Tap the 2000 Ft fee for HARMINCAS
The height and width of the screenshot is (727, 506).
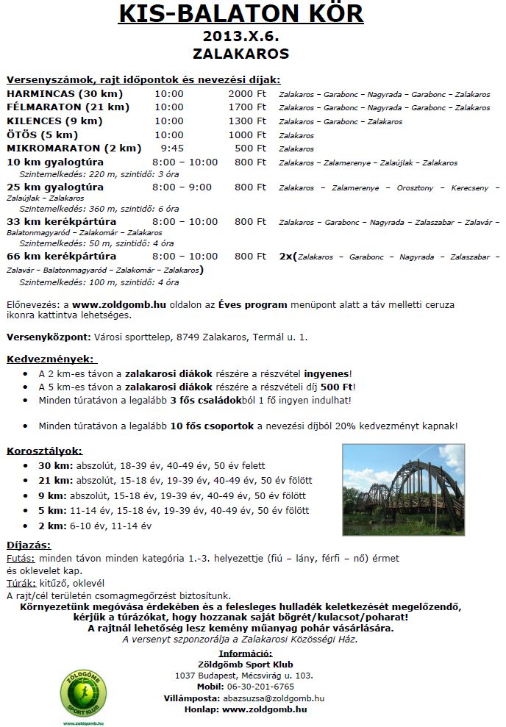(x=246, y=95)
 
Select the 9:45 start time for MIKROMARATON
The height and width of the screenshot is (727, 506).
(x=171, y=148)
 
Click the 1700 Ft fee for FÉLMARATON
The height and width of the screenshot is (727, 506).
(x=246, y=108)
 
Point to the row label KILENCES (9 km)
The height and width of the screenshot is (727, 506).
(x=54, y=121)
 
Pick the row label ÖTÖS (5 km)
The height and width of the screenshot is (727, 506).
(x=43, y=135)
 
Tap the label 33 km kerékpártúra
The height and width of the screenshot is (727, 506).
(x=61, y=221)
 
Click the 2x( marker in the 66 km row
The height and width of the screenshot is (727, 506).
(x=288, y=257)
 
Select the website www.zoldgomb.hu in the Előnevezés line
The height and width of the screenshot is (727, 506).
(x=118, y=304)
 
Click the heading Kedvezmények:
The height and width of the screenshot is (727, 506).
(x=50, y=359)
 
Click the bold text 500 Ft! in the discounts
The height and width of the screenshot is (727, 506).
(x=338, y=387)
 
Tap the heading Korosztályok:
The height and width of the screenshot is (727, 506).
(x=45, y=451)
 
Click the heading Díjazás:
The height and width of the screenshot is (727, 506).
(x=29, y=545)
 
